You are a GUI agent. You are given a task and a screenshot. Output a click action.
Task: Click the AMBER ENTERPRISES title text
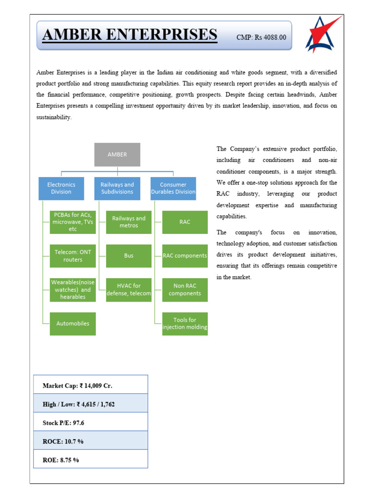130,35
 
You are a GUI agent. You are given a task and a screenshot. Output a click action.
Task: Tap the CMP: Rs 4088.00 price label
261,37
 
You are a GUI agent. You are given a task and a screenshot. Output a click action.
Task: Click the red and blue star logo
322,34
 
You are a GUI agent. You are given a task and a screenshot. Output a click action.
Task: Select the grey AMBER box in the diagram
117,155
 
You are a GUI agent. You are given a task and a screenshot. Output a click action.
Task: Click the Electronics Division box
61,188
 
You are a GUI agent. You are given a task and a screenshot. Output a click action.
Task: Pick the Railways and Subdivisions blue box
117,188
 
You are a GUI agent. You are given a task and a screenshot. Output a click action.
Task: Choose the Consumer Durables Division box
173,188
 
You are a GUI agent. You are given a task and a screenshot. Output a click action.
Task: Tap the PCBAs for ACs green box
73,222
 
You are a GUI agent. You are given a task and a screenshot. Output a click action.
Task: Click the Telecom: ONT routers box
73,256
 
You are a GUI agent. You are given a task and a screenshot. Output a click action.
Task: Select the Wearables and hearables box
73,289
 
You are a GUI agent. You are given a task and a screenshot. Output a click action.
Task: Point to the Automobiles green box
73,323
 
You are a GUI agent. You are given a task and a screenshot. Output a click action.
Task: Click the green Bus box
129,256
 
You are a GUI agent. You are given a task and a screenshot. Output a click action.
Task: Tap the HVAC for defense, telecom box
129,289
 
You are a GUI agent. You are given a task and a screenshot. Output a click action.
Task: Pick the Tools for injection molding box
185,323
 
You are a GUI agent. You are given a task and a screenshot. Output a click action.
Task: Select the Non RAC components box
185,289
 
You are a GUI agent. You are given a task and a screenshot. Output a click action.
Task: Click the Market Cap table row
91,385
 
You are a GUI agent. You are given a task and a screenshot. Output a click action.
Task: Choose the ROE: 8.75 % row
91,459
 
